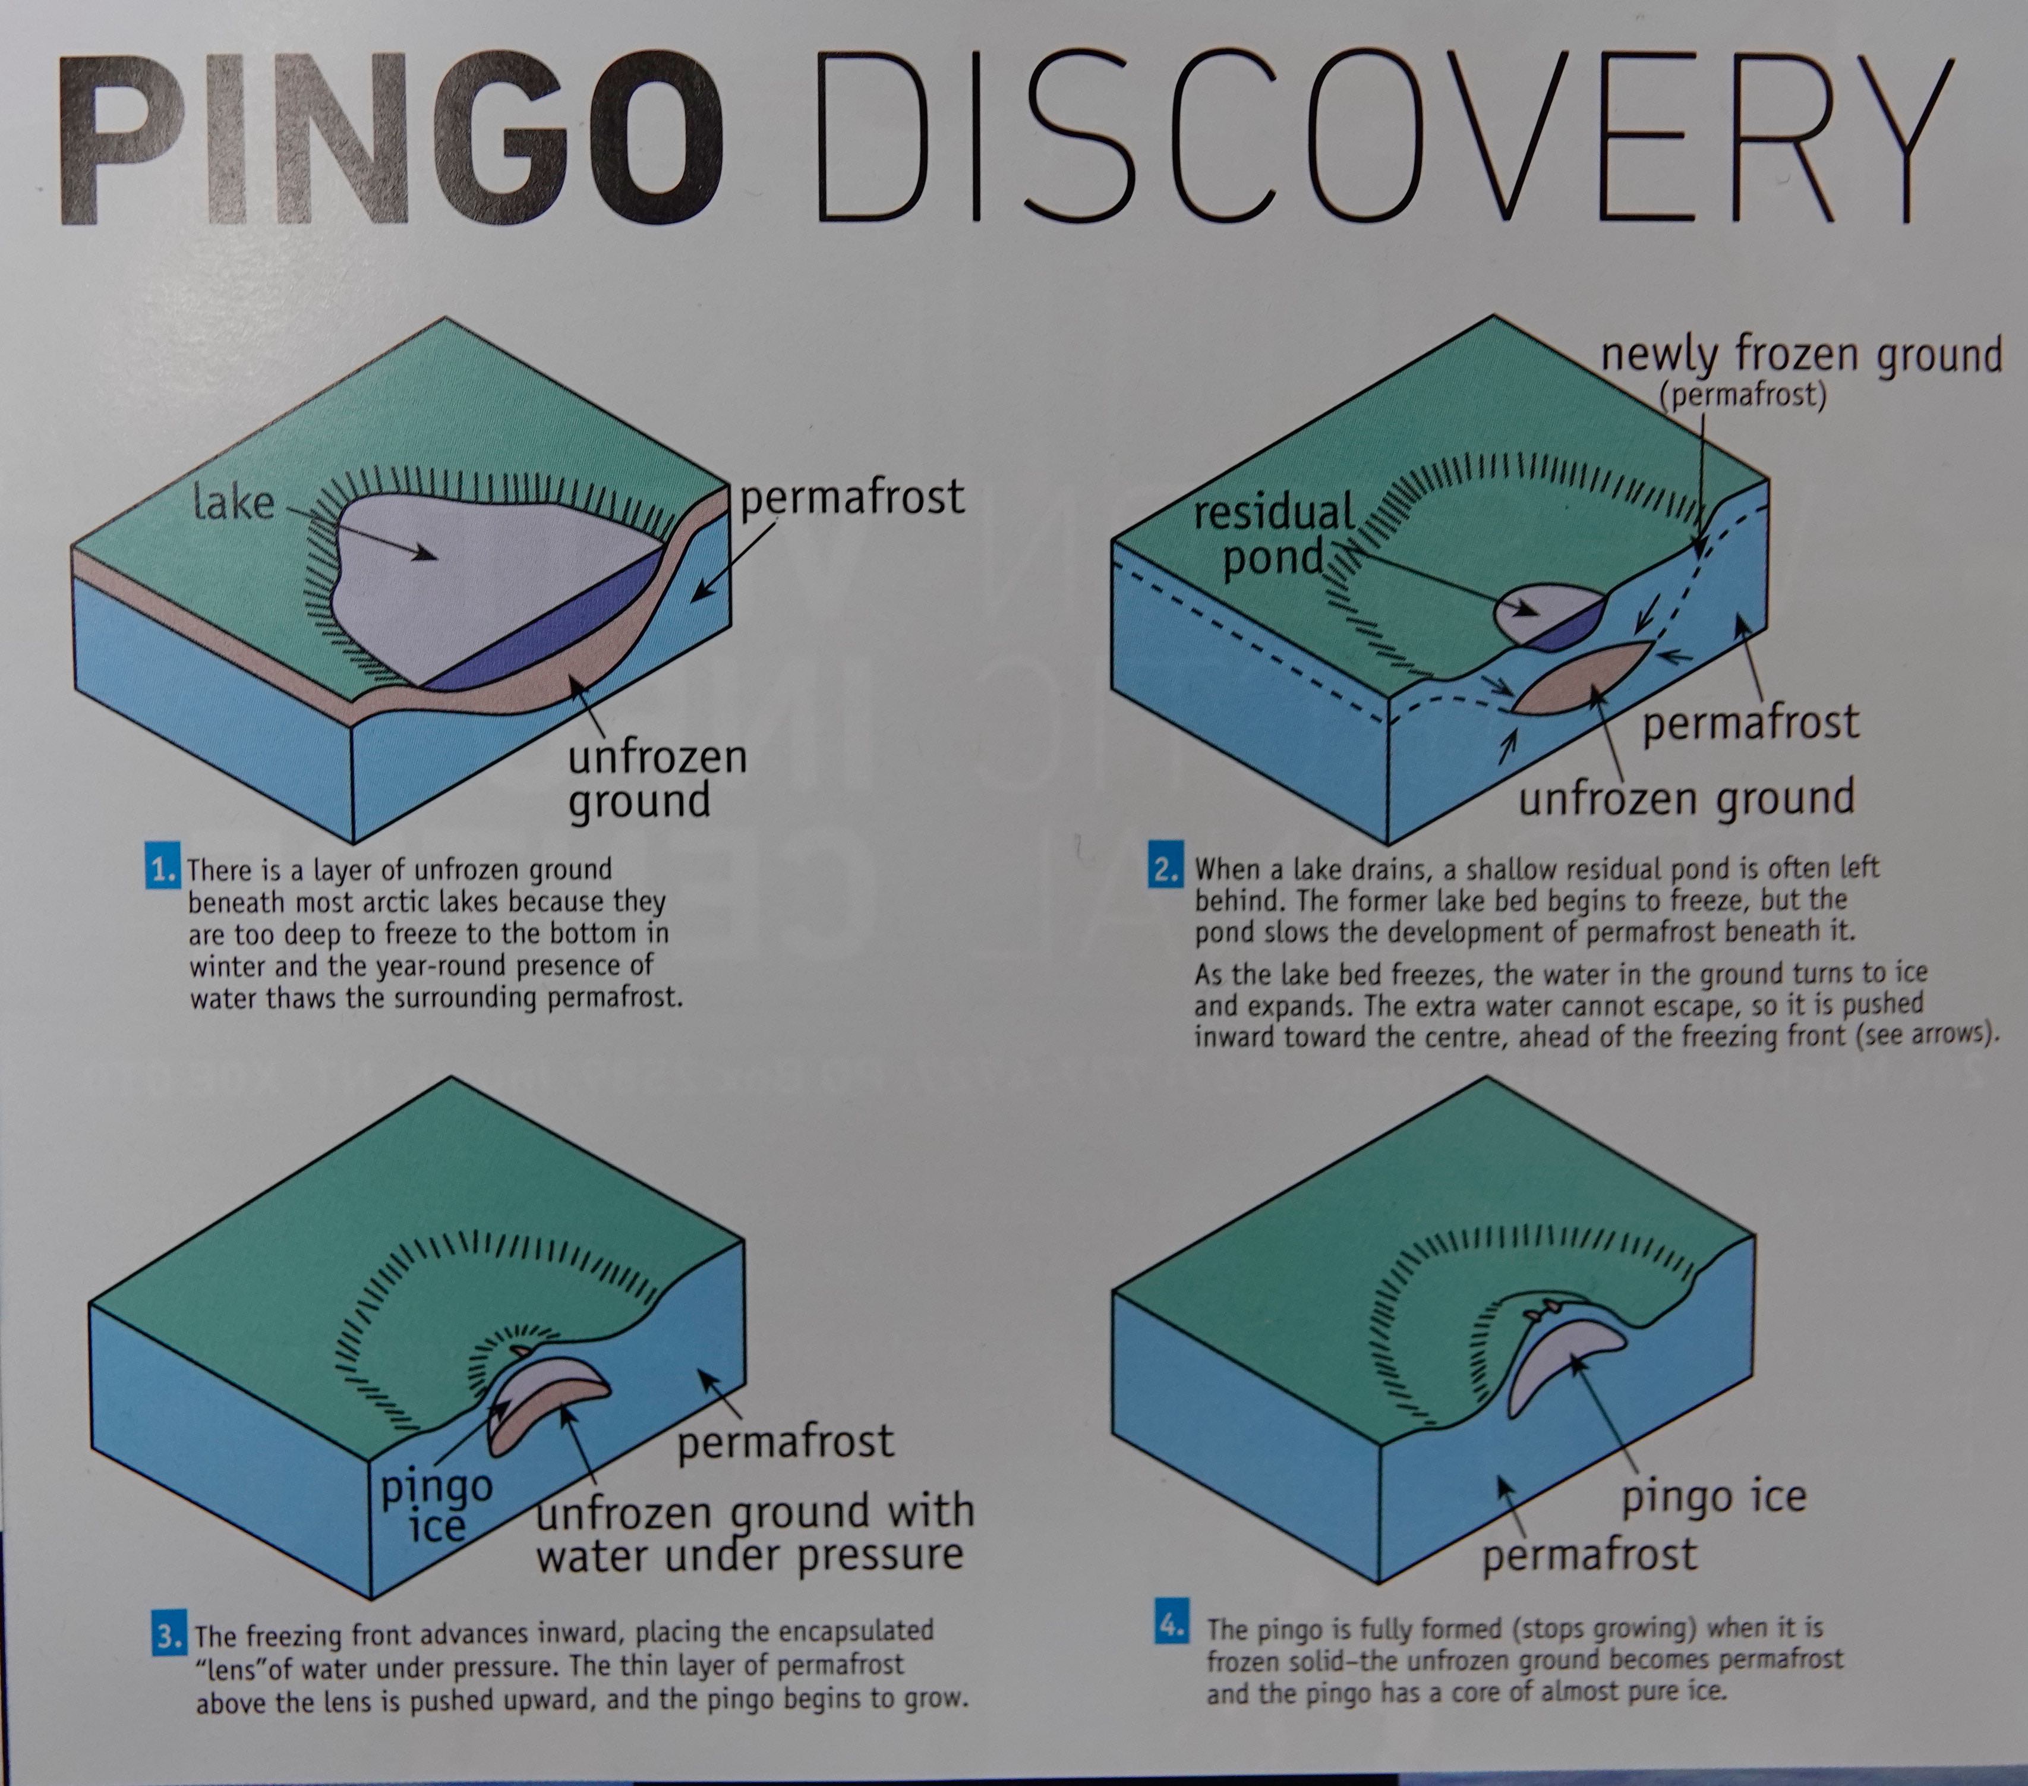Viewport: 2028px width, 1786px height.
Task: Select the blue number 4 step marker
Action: (x=1172, y=1627)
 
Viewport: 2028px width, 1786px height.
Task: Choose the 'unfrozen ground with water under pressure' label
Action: (x=754, y=1532)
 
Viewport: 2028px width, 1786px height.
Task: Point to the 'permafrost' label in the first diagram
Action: (x=852, y=497)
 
